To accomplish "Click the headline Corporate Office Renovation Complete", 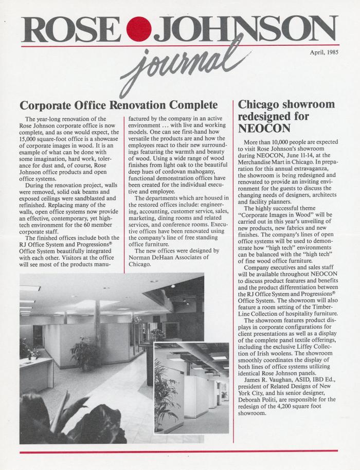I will (x=119, y=106).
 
